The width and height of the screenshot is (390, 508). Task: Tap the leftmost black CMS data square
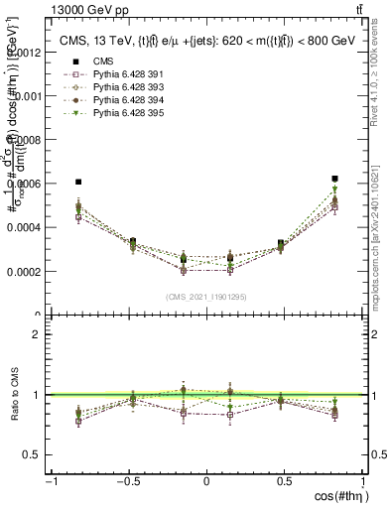pyautogui.click(x=78, y=182)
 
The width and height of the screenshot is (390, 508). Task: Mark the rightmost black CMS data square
pyautogui.click(x=335, y=179)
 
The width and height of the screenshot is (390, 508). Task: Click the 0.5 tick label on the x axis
pyautogui.click(x=285, y=481)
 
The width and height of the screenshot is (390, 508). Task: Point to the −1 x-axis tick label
pyautogui.click(x=50, y=481)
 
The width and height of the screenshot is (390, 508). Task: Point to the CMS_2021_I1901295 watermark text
pyautogui.click(x=206, y=298)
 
